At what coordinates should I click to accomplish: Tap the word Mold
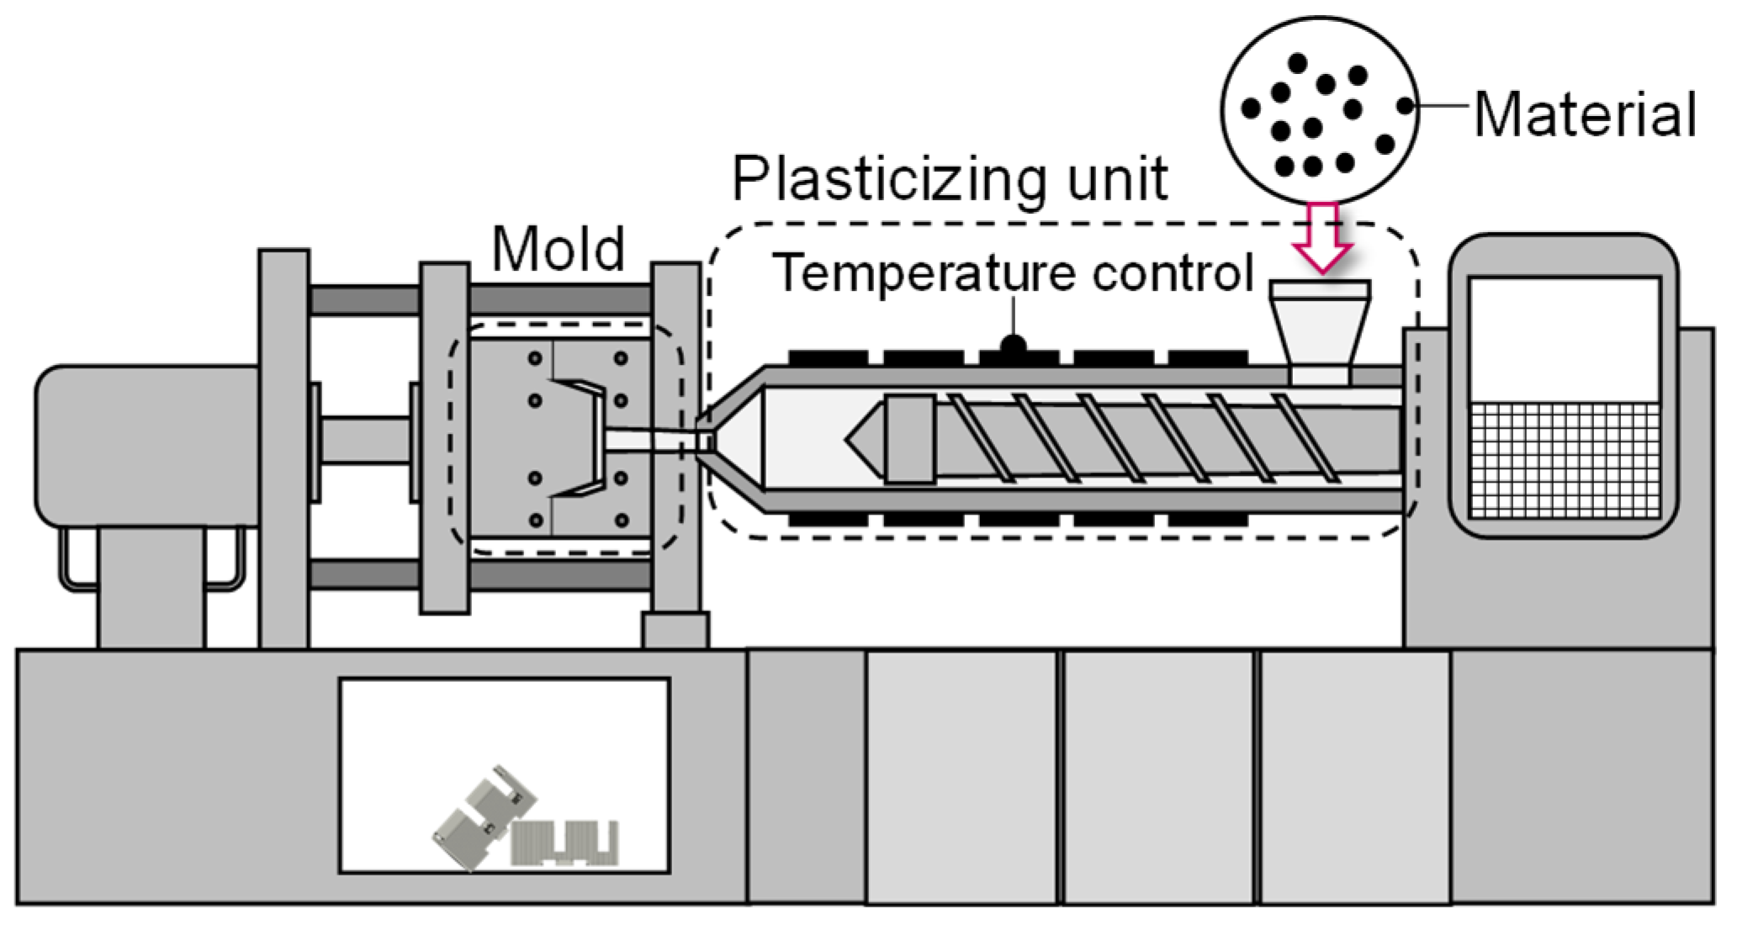(559, 249)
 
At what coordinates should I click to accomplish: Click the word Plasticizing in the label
(888, 179)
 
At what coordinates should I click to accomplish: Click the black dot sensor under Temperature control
(1014, 344)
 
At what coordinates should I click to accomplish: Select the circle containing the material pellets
(1319, 109)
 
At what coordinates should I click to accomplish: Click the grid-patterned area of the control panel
(1565, 460)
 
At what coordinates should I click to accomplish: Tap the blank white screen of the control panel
(1565, 340)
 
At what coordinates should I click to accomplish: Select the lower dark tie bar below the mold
(559, 574)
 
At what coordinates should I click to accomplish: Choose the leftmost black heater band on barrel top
(828, 358)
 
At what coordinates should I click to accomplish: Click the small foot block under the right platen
(675, 630)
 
